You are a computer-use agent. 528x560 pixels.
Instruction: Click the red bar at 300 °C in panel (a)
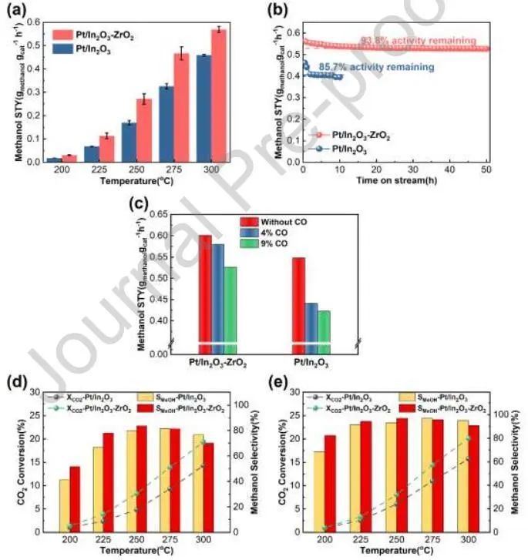(219, 96)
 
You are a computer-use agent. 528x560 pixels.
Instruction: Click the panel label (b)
(281, 9)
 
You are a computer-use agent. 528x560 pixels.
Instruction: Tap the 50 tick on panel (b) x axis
(485, 169)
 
